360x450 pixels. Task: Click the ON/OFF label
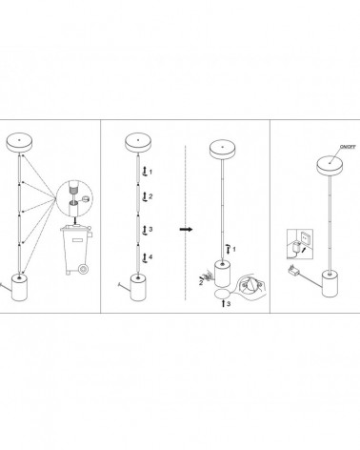(348, 147)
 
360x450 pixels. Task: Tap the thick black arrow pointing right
(186, 229)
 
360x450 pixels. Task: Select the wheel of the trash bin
(84, 270)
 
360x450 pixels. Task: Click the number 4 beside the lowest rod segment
(150, 256)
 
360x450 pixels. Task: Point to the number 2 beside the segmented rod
(150, 196)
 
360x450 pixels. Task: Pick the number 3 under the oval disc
(229, 304)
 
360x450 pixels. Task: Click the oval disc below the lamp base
(223, 294)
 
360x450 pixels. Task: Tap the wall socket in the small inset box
(306, 237)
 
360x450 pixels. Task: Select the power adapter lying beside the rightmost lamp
(293, 271)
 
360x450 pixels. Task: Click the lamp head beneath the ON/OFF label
(330, 165)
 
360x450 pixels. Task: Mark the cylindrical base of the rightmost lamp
(330, 283)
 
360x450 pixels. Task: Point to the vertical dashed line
(186, 222)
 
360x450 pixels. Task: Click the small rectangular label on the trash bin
(77, 240)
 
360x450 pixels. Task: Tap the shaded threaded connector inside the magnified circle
(73, 191)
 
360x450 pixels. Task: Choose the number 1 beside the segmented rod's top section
(150, 172)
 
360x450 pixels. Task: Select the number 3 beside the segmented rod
(150, 229)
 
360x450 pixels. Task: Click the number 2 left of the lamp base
(201, 283)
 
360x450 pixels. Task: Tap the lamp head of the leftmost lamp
(19, 142)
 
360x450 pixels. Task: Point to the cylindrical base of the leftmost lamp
(20, 288)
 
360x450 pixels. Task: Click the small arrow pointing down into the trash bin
(75, 220)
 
